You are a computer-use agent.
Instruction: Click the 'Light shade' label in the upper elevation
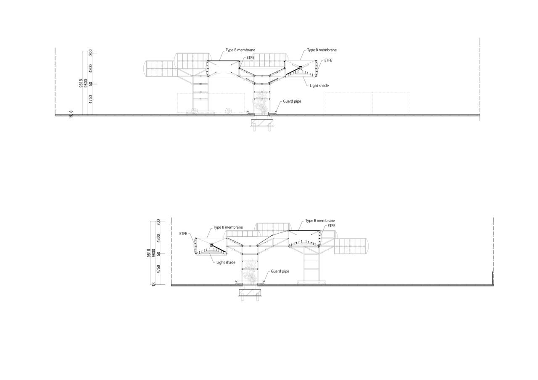(x=319, y=86)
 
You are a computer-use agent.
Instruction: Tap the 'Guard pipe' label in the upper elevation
(x=292, y=101)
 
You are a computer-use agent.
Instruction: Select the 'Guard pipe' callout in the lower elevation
(x=280, y=272)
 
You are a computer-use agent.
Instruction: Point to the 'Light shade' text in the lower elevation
(x=226, y=263)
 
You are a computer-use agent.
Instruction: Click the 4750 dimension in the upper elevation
(x=91, y=99)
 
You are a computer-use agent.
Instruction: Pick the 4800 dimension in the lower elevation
(x=158, y=238)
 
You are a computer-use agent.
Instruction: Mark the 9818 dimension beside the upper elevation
(x=81, y=83)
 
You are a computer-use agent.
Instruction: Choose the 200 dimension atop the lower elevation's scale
(x=158, y=222)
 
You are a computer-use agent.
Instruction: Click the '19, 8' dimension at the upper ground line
(x=71, y=114)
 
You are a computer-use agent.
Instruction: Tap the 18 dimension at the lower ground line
(x=154, y=284)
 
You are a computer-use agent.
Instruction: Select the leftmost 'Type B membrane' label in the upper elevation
(x=240, y=50)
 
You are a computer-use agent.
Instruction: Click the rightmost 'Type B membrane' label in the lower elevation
(x=320, y=221)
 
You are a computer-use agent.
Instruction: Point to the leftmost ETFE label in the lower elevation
(x=183, y=234)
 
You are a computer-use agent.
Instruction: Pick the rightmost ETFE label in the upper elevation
(x=328, y=61)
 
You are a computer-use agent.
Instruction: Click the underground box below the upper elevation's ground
(x=262, y=123)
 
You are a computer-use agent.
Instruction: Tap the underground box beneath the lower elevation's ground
(x=250, y=293)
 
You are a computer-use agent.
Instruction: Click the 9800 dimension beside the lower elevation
(x=154, y=252)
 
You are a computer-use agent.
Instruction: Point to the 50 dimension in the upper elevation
(x=91, y=84)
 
